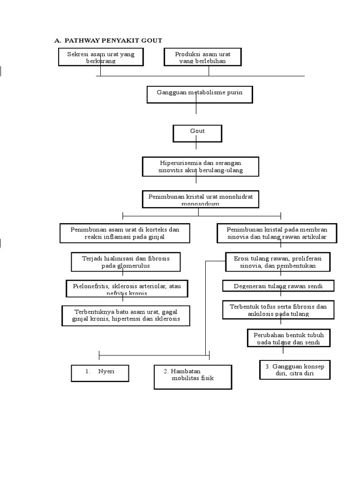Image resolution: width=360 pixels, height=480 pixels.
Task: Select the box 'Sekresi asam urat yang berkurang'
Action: pyautogui.click(x=101, y=57)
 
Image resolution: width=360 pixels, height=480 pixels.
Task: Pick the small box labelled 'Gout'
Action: pyautogui.click(x=197, y=133)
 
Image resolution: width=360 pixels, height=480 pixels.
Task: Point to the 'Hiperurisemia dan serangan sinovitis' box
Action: pyautogui.click(x=201, y=167)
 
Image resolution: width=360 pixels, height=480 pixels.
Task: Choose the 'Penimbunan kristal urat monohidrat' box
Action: pyautogui.click(x=201, y=199)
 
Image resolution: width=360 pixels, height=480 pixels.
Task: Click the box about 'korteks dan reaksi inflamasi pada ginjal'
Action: pyautogui.click(x=125, y=233)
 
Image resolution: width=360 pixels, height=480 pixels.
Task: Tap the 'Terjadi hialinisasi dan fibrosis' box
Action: pyautogui.click(x=126, y=262)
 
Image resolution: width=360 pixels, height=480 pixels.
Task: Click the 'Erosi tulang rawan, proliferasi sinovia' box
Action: pyautogui.click(x=277, y=262)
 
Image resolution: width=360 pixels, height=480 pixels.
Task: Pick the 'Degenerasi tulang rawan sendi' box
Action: pyautogui.click(x=278, y=285)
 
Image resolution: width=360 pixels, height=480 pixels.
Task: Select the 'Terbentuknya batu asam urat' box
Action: pyautogui.click(x=126, y=316)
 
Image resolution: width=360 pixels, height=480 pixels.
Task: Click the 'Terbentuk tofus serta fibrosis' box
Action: pyautogui.click(x=278, y=310)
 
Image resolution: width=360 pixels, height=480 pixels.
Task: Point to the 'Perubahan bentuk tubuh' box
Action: pyautogui.click(x=289, y=338)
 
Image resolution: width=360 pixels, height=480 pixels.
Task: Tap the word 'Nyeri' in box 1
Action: pyautogui.click(x=106, y=372)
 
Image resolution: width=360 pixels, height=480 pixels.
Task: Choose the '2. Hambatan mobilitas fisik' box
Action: pyautogui.click(x=192, y=377)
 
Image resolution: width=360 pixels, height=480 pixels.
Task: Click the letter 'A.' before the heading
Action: pyautogui.click(x=58, y=40)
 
